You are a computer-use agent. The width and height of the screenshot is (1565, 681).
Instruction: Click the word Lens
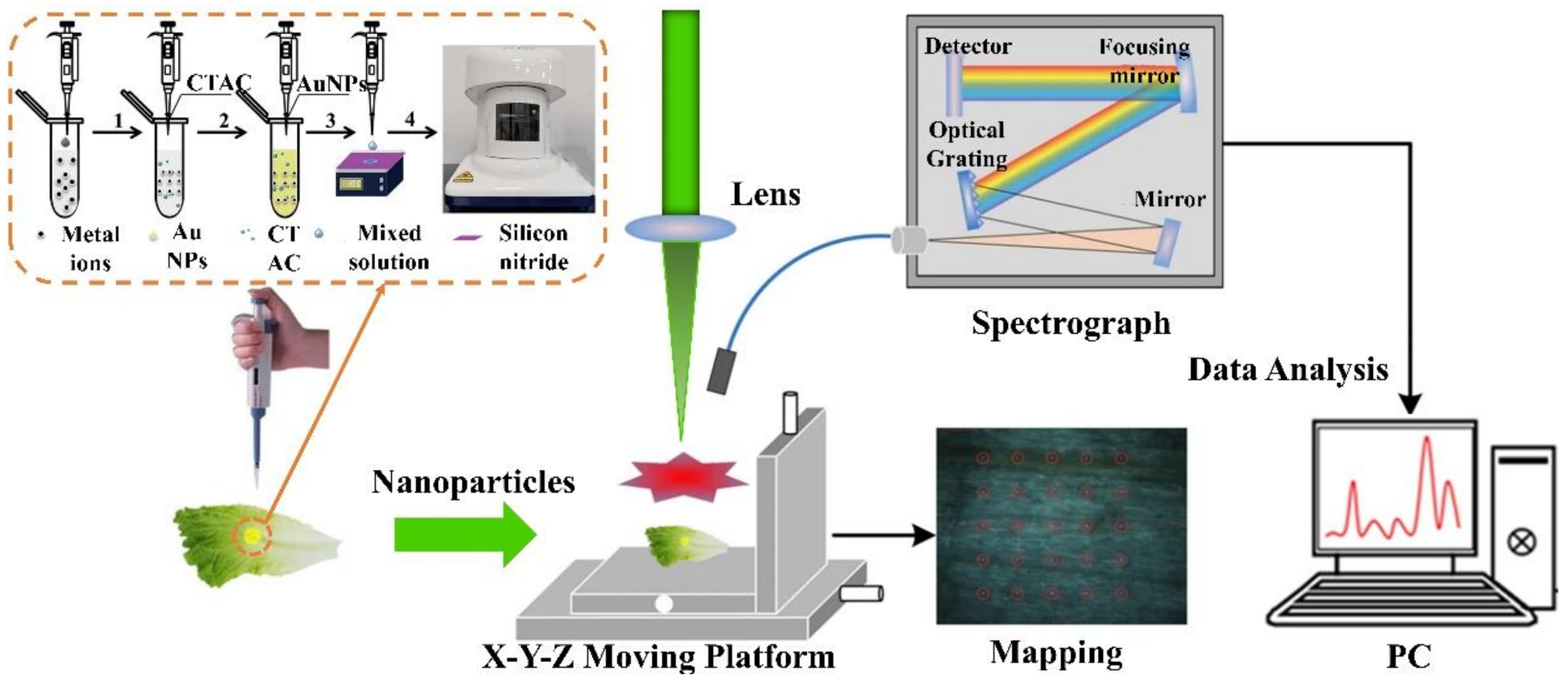pyautogui.click(x=765, y=195)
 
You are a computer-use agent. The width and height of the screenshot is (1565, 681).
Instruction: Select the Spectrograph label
pyautogui.click(x=1071, y=322)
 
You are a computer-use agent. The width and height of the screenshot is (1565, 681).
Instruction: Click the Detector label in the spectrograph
pyautogui.click(x=967, y=46)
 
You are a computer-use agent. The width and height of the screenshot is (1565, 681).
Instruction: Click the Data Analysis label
pyautogui.click(x=1288, y=369)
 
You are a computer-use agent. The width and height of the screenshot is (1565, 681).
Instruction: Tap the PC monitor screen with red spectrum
pyautogui.click(x=1394, y=486)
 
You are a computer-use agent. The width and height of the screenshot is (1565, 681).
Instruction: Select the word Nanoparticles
pyautogui.click(x=473, y=482)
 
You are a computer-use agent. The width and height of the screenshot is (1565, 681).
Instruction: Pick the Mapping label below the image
pyautogui.click(x=1056, y=653)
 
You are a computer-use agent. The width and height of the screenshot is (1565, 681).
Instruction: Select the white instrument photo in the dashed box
pyautogui.click(x=518, y=129)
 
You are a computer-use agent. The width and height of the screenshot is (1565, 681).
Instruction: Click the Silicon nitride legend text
pyautogui.click(x=533, y=247)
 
